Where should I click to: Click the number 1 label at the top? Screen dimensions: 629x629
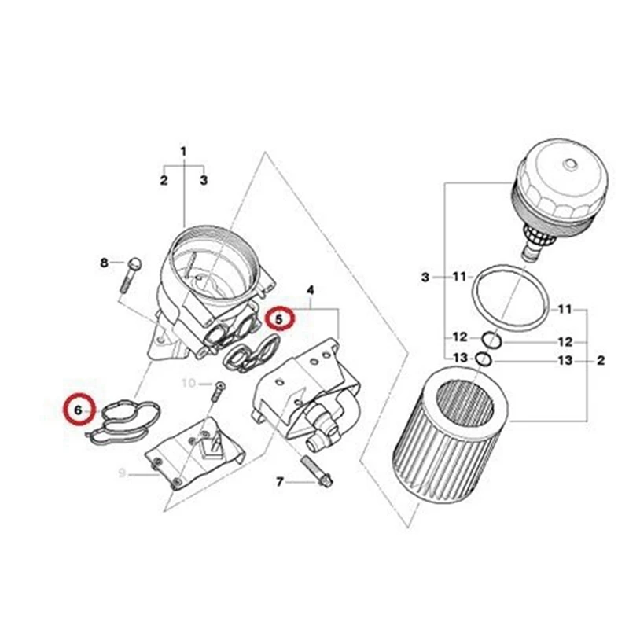coord(183,150)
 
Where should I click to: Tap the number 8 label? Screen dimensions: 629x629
coord(104,263)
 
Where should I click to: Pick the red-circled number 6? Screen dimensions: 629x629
coord(78,409)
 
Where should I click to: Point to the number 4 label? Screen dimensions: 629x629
coord(311,291)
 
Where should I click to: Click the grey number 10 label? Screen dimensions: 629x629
coord(189,383)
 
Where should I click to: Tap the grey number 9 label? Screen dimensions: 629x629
coord(123,473)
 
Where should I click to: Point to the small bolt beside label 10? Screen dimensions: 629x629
coord(219,388)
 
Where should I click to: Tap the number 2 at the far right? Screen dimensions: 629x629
coord(601,362)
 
